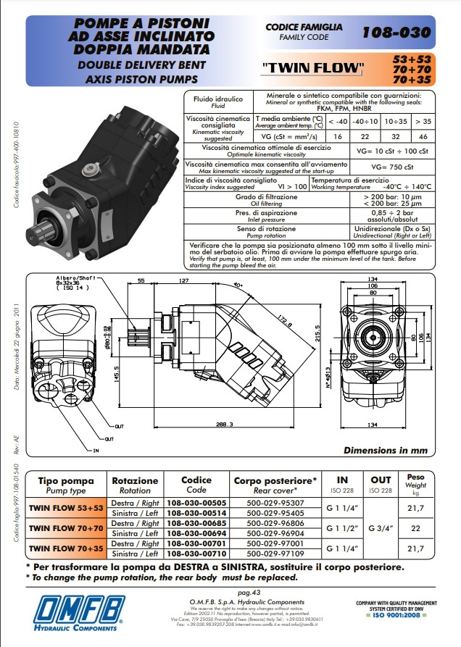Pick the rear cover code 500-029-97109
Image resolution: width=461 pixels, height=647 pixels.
[275, 553]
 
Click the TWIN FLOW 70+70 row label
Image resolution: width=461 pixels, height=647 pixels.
[66, 527]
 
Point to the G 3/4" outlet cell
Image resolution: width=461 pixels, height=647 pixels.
[381, 527]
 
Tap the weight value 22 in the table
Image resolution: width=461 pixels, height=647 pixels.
[416, 527]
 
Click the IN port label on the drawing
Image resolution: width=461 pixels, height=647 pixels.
[95, 450]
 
